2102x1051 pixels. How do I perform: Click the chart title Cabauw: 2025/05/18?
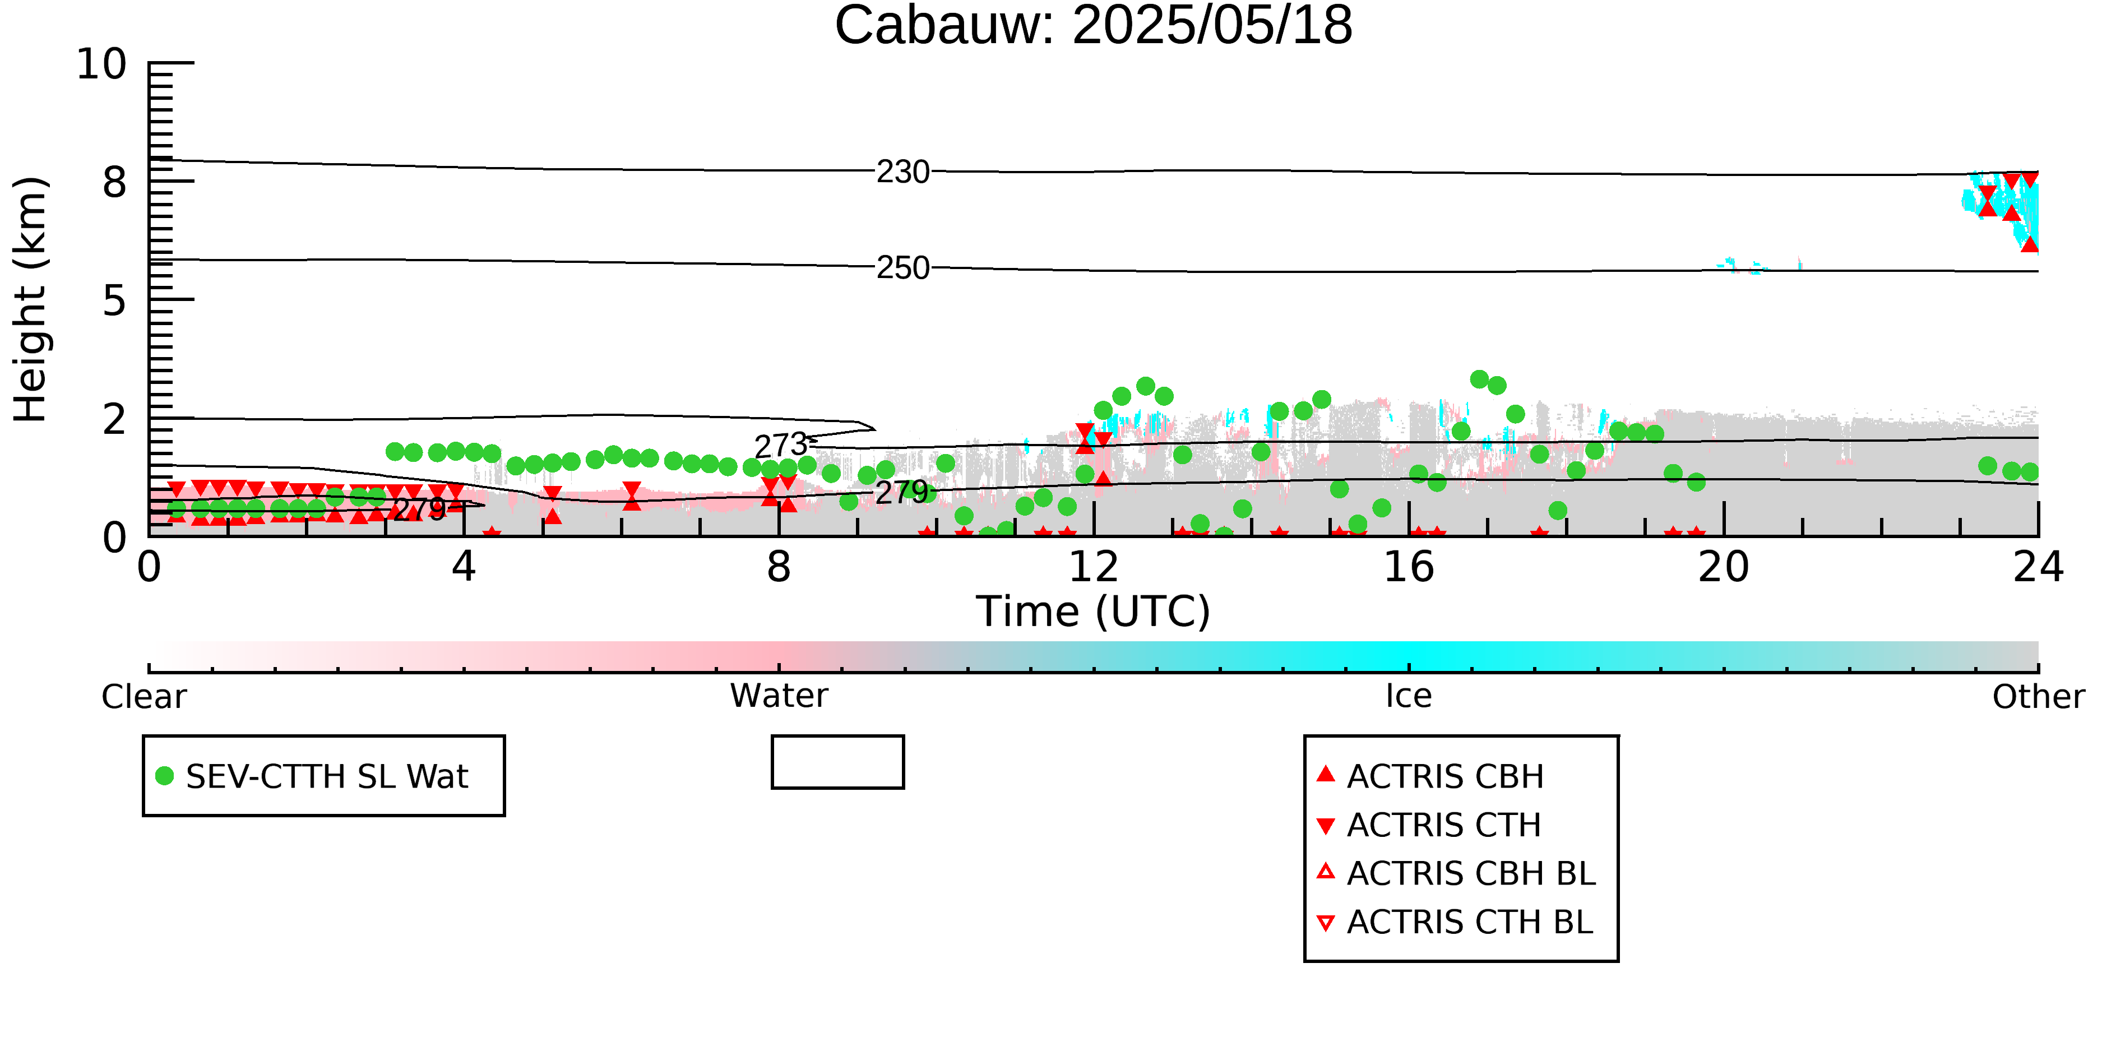[x=1094, y=26]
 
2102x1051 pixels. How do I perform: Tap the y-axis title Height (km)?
[x=30, y=299]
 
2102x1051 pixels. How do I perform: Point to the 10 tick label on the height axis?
[x=102, y=64]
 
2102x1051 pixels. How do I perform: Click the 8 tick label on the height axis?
[x=115, y=182]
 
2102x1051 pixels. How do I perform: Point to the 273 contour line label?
[x=781, y=446]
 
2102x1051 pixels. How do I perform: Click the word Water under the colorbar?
[x=779, y=696]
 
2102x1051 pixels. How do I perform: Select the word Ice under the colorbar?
[x=1409, y=696]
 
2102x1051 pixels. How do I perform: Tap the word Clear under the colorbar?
[x=145, y=697]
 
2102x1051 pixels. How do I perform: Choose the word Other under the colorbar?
[x=2038, y=697]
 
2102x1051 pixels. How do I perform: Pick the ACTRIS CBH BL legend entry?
[x=1456, y=873]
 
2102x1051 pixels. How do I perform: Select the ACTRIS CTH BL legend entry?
[x=1455, y=922]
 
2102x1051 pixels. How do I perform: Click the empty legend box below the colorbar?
[x=837, y=762]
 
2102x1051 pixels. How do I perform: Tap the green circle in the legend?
[x=165, y=776]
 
